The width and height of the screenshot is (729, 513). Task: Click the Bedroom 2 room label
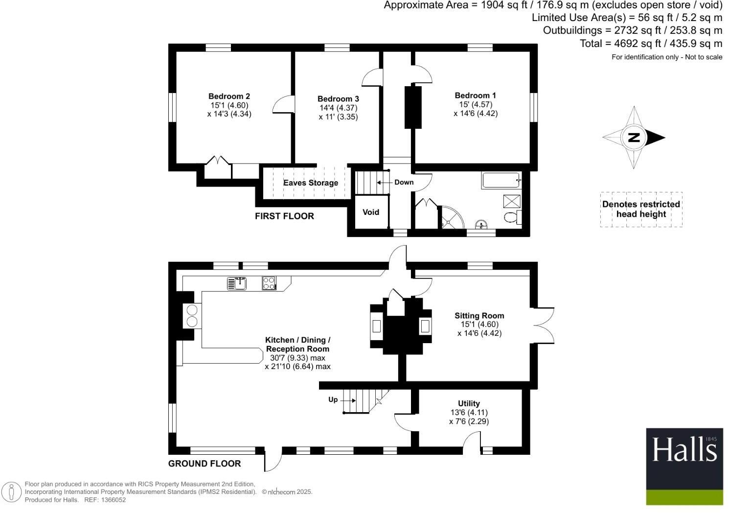pyautogui.click(x=229, y=96)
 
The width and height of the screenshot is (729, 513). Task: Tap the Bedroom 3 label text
pyautogui.click(x=338, y=99)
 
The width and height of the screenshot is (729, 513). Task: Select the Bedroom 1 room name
pyautogui.click(x=475, y=95)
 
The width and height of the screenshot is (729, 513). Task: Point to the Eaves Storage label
pyautogui.click(x=311, y=183)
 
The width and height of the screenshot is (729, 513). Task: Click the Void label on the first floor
pyautogui.click(x=371, y=212)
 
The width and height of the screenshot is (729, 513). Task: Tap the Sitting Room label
pyautogui.click(x=479, y=316)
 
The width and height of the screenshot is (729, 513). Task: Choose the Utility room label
pyautogui.click(x=469, y=403)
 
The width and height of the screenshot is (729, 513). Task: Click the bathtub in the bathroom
pyautogui.click(x=501, y=181)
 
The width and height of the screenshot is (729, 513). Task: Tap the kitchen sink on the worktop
pyautogui.click(x=237, y=283)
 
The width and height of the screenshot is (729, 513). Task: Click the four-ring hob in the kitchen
pyautogui.click(x=269, y=283)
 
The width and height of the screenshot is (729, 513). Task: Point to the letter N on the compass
pyautogui.click(x=634, y=138)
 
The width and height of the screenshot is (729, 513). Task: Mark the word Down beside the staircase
pyautogui.click(x=404, y=182)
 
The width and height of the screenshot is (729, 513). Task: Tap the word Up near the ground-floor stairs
pyautogui.click(x=333, y=399)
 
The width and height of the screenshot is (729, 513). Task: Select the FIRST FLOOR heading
pyautogui.click(x=284, y=216)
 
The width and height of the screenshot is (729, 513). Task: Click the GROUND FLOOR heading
pyautogui.click(x=205, y=464)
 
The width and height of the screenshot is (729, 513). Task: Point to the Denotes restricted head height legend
pyautogui.click(x=641, y=209)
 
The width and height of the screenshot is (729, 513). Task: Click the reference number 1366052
pyautogui.click(x=112, y=500)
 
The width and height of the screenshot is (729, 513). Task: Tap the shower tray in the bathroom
pyautogui.click(x=512, y=201)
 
